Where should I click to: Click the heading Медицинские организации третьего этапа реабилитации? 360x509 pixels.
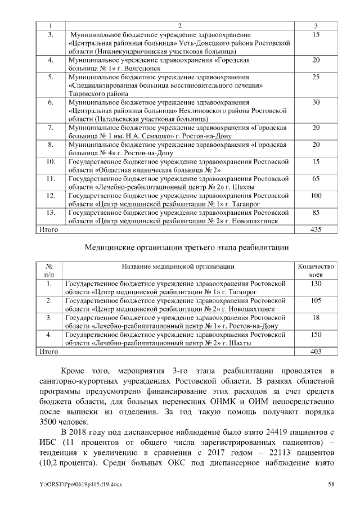[186, 247]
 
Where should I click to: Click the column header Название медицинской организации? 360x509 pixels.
[178, 266]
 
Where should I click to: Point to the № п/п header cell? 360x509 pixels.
[49, 270]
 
